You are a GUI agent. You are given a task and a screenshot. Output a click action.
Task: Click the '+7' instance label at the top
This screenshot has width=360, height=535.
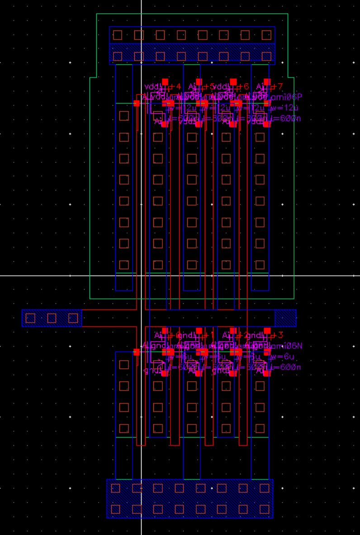[x=278, y=86]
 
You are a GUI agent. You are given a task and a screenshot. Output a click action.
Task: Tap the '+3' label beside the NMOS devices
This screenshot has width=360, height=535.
[x=278, y=335]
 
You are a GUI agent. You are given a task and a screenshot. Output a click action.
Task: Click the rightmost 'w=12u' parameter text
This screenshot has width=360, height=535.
[x=283, y=108]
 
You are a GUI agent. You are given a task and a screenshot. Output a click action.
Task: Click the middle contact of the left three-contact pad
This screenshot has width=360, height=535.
[x=52, y=318]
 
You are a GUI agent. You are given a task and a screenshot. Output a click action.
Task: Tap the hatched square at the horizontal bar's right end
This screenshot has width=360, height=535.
[x=285, y=318]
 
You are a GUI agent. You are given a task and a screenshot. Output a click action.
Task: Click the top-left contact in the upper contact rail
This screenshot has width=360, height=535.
[x=118, y=35]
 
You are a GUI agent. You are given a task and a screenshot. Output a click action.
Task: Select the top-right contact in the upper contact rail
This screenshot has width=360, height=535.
[x=266, y=35]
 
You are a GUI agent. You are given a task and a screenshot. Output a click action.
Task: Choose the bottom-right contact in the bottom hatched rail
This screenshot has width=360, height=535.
[x=265, y=509]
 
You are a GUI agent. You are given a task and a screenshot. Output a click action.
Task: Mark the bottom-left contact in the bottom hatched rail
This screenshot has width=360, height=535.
[x=115, y=509]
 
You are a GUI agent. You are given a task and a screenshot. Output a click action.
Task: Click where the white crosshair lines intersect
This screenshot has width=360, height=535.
[x=142, y=275]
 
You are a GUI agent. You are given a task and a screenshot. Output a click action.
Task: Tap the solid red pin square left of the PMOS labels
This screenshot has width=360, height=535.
[x=137, y=103]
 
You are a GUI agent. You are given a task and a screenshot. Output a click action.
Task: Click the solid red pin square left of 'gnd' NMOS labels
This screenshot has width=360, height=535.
[x=137, y=352]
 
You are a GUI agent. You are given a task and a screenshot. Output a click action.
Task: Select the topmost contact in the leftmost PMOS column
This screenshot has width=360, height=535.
[x=124, y=116]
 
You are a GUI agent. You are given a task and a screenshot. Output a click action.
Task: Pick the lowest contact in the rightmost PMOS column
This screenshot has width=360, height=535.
[x=260, y=264]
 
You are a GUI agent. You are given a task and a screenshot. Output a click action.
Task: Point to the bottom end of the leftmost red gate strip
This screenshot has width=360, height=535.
[x=141, y=444]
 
